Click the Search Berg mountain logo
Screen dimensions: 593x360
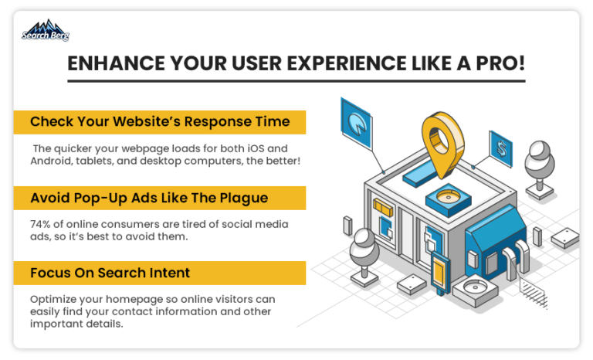[46, 30]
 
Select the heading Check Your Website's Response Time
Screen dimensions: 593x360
[160, 121]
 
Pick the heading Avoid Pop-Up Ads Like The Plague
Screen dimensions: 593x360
[149, 198]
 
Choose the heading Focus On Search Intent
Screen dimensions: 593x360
[110, 273]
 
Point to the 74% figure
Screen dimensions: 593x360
[40, 224]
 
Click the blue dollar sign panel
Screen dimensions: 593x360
[500, 149]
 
